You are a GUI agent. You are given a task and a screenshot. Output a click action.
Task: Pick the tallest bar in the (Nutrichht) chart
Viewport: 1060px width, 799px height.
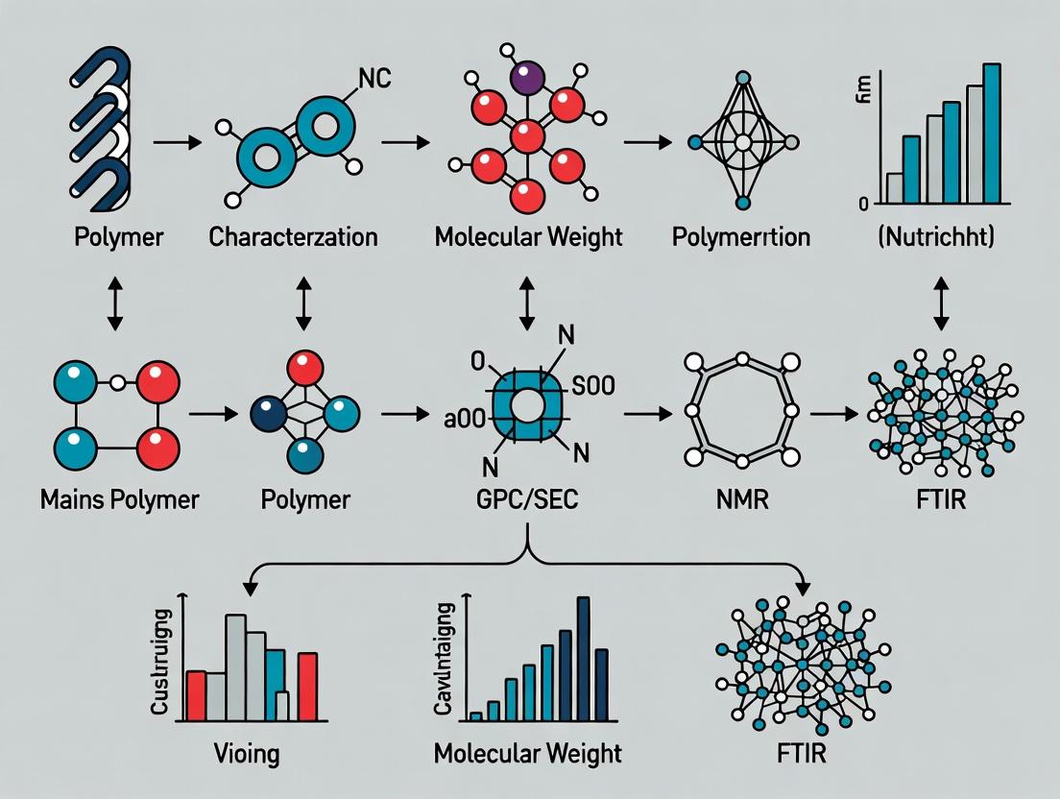[993, 133]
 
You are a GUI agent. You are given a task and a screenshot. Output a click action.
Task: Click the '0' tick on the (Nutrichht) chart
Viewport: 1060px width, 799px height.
[864, 204]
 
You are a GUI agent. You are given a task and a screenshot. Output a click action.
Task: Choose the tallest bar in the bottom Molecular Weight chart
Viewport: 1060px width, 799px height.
[583, 658]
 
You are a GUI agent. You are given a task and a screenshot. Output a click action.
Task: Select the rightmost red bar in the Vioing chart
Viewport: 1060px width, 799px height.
[307, 686]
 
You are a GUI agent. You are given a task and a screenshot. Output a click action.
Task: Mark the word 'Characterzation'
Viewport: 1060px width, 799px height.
[294, 236]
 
